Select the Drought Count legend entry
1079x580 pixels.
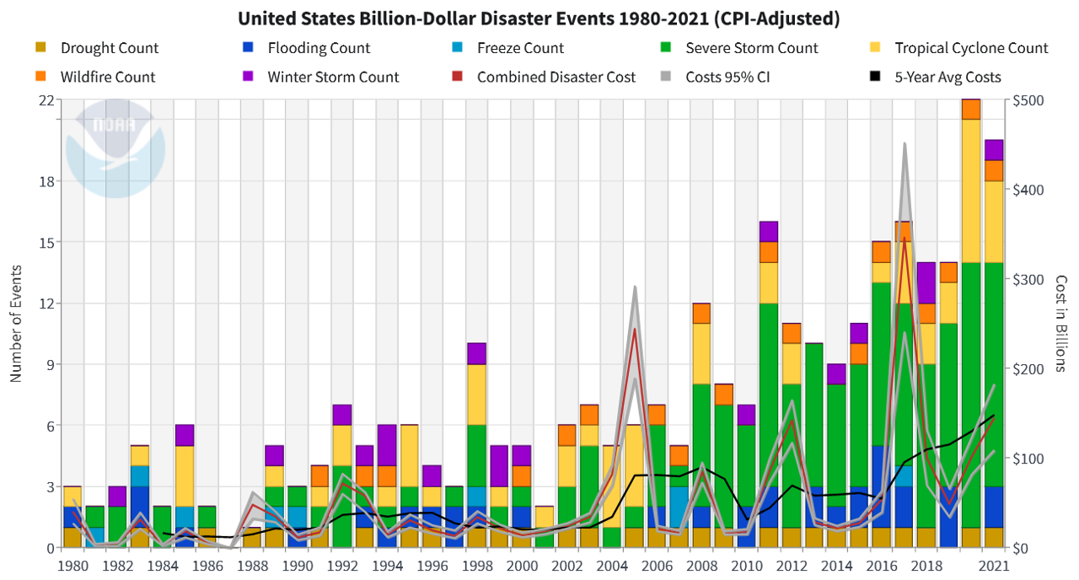click(109, 48)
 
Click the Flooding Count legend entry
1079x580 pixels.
click(319, 48)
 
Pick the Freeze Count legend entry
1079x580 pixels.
click(520, 48)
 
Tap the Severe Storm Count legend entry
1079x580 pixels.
click(751, 48)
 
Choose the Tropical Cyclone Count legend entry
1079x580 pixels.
click(971, 48)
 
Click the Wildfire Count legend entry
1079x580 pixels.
click(107, 77)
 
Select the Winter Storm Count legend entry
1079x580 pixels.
click(333, 77)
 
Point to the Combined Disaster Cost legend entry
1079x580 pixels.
click(556, 77)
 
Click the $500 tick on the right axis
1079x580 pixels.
click(1027, 100)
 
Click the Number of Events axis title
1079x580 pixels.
click(16, 324)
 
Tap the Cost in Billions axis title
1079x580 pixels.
click(1061, 324)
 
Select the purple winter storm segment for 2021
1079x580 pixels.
click(994, 149)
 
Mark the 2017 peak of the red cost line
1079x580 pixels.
click(905, 238)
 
